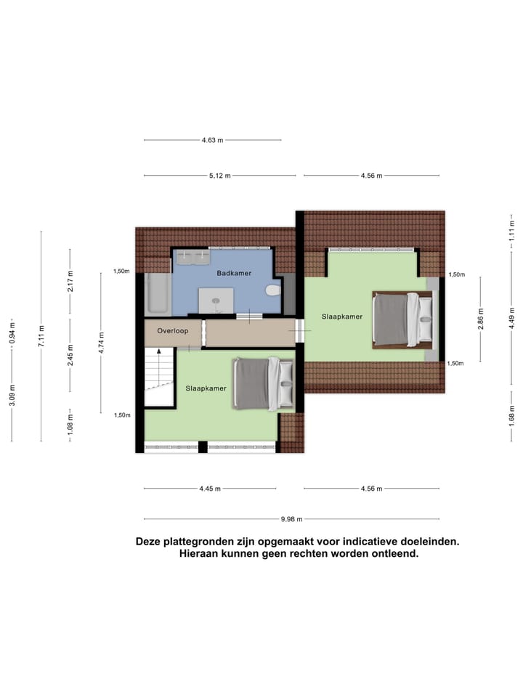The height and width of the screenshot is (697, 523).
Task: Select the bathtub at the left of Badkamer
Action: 156,293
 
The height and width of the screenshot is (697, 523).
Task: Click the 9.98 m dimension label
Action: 291,519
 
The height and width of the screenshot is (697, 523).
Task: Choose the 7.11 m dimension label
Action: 41,336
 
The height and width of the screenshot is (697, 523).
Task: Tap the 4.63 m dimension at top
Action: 212,140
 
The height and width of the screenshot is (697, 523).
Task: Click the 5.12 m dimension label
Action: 219,176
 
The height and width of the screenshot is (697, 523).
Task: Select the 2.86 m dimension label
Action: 481,319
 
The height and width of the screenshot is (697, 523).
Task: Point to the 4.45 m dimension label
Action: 210,489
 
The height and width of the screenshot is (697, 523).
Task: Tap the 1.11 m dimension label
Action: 511,230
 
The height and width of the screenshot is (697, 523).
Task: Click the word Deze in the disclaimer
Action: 150,542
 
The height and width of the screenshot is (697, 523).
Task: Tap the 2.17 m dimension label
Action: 70,281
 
